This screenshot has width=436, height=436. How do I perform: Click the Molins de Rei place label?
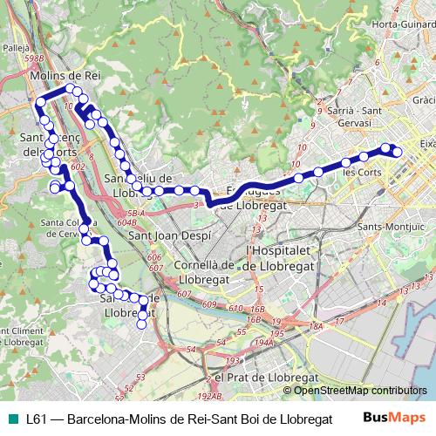[x=65, y=77]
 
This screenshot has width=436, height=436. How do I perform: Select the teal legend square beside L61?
[x=11, y=418]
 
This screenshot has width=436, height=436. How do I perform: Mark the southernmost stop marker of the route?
[x=142, y=324]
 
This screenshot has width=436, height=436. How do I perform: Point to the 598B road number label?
[x=34, y=58]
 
